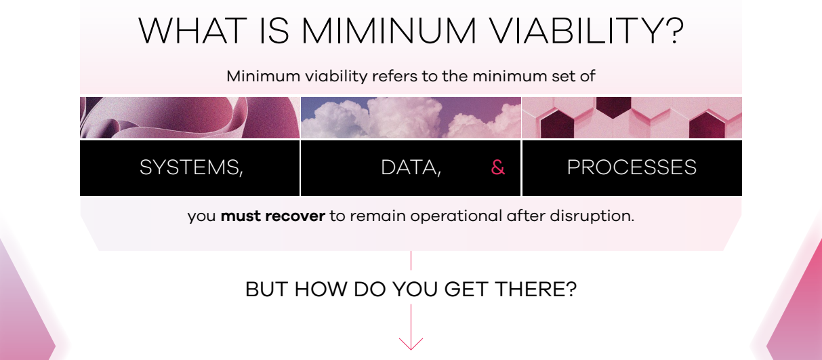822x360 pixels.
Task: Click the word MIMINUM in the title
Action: click(389, 31)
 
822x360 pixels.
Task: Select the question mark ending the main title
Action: click(672, 31)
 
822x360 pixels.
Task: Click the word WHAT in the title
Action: click(192, 31)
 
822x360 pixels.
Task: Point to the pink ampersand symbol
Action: click(498, 167)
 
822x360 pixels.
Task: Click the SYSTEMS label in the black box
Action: click(191, 167)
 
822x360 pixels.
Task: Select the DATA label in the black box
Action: click(411, 167)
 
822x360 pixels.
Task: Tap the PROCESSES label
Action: click(632, 167)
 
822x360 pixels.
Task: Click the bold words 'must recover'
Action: click(272, 216)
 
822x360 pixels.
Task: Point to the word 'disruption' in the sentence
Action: click(590, 216)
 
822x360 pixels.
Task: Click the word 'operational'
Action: click(456, 216)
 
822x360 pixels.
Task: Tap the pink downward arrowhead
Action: click(411, 344)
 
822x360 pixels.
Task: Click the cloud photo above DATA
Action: click(411, 118)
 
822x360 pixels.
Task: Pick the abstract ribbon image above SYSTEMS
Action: click(190, 118)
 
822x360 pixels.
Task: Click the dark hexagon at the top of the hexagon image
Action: click(613, 107)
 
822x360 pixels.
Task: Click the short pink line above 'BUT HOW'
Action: click(411, 260)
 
